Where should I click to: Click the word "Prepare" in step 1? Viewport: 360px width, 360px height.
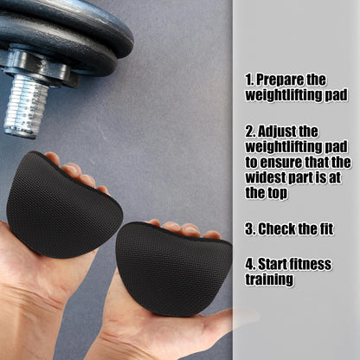tap(280, 80)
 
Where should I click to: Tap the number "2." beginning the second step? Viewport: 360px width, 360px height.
tap(251, 132)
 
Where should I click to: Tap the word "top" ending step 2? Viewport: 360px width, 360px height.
tap(278, 194)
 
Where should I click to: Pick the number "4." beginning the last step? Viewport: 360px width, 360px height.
tap(251, 264)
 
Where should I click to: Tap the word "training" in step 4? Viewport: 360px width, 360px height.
tap(269, 280)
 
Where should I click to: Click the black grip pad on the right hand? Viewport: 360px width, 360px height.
tap(172, 267)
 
